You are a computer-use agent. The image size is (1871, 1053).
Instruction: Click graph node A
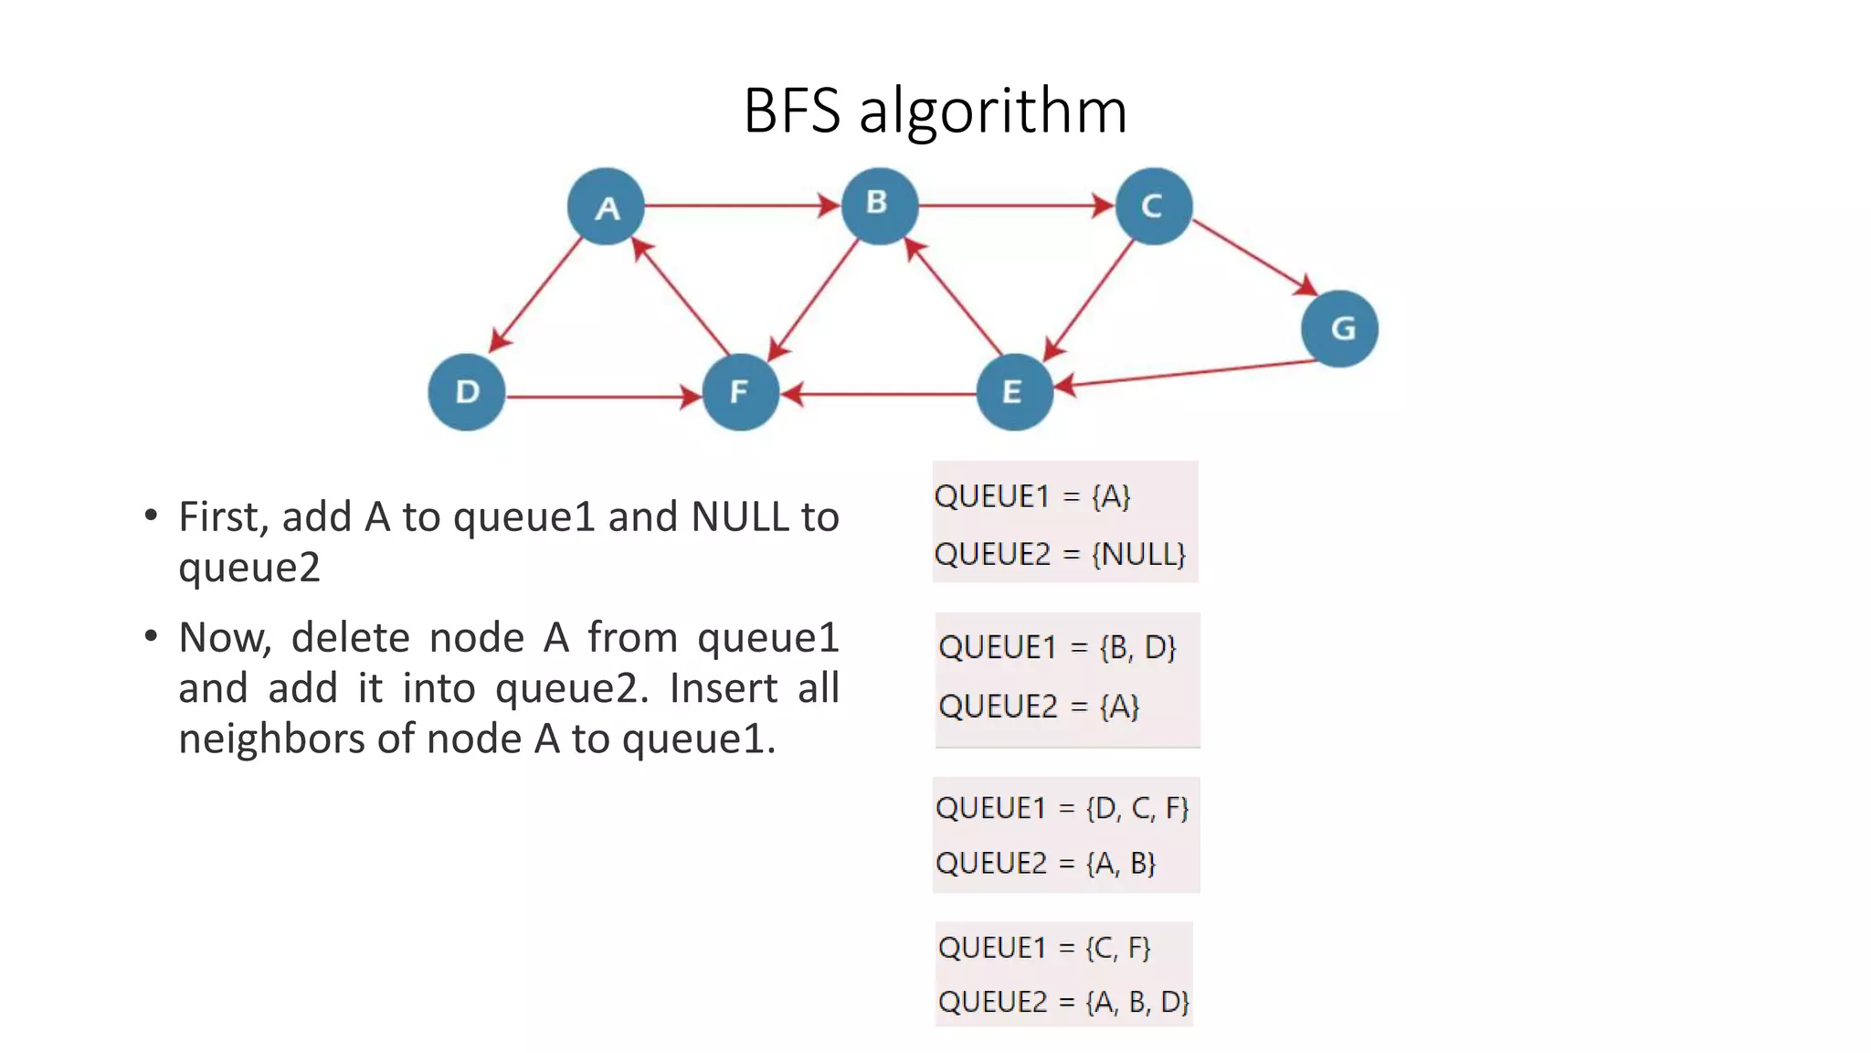point(606,207)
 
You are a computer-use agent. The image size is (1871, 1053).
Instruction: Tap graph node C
point(1153,206)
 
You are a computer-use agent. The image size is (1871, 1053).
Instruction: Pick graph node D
point(467,392)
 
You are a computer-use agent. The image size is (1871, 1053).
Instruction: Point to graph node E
point(1014,392)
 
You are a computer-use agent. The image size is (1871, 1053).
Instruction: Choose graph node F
point(740,392)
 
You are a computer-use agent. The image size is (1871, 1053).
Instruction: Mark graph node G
point(1339,328)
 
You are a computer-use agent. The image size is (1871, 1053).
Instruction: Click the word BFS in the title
point(791,112)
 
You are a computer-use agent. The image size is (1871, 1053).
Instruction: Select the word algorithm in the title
point(993,112)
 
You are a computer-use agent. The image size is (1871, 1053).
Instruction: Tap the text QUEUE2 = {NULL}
point(1060,554)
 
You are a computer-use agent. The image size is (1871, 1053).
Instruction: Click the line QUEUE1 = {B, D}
point(1057,647)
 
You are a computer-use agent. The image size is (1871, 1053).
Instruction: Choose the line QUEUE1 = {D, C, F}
point(1062,808)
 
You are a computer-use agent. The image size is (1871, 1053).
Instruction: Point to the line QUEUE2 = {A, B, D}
point(1063,1002)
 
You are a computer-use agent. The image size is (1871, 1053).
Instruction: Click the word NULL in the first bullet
point(740,517)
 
